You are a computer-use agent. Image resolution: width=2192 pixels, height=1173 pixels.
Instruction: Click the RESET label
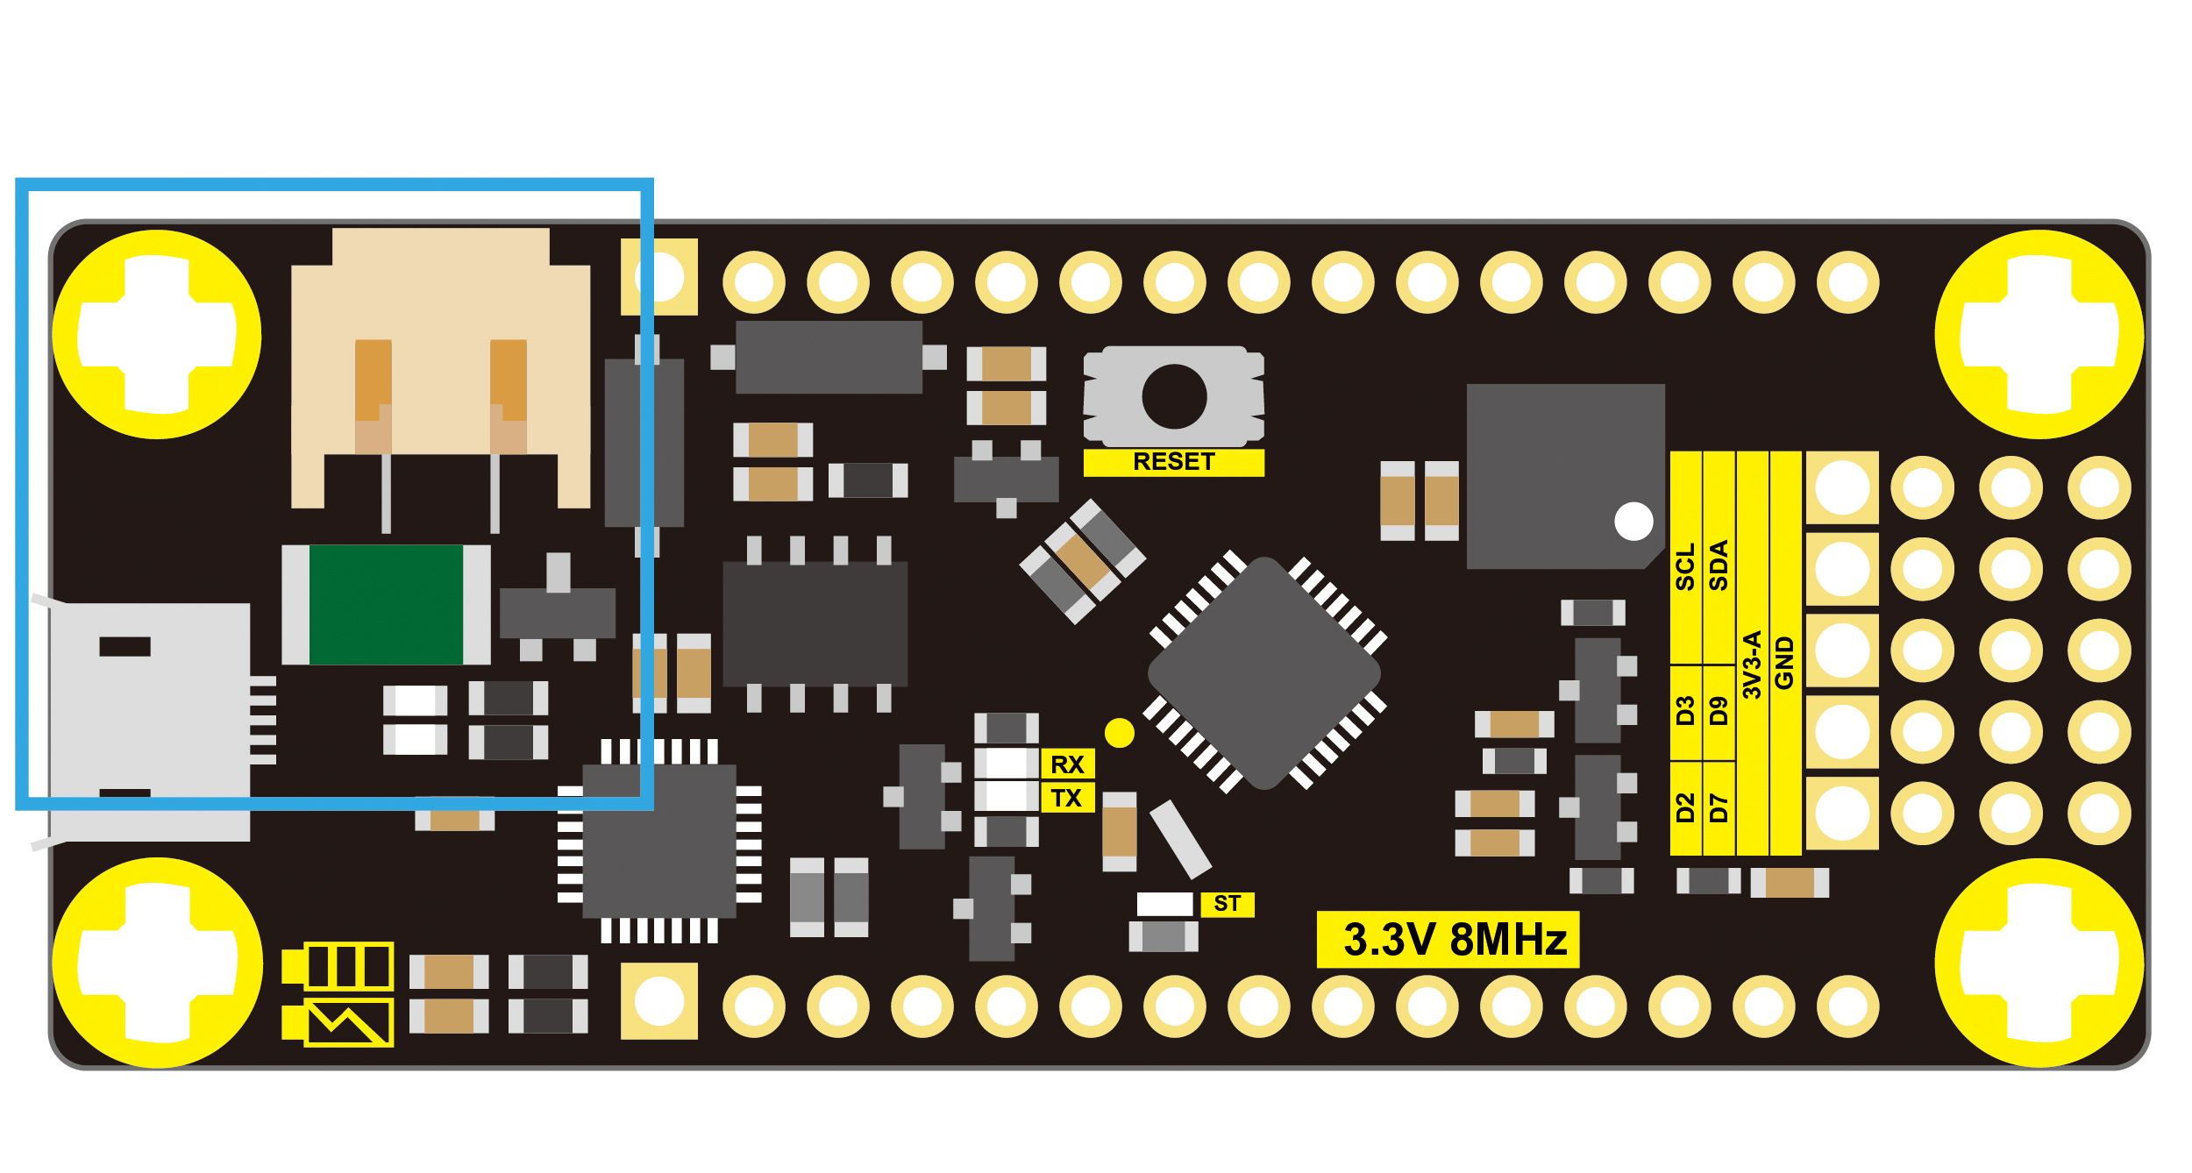[x=1173, y=462]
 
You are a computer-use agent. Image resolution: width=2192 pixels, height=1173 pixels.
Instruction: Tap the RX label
[x=1067, y=764]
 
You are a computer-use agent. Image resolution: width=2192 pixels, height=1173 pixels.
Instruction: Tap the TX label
[x=1066, y=798]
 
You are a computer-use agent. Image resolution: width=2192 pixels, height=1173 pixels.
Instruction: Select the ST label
[x=1227, y=904]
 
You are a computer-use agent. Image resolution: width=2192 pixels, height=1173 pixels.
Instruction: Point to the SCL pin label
[x=1685, y=567]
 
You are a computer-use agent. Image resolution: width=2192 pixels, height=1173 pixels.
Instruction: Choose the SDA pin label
[x=1719, y=565]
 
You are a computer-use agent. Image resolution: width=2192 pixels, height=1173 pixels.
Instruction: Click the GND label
[x=1784, y=663]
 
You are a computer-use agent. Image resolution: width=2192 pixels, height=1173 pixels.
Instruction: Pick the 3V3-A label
[x=1752, y=665]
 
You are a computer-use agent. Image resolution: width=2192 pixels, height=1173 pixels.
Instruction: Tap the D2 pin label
[x=1685, y=807]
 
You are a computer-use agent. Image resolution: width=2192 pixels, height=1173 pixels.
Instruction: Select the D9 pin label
[x=1719, y=711]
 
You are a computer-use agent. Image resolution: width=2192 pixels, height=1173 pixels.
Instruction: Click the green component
[x=386, y=605]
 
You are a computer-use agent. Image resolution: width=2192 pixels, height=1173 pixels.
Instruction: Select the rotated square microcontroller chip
[x=1264, y=673]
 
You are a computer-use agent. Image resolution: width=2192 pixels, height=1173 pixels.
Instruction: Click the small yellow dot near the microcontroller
[x=1120, y=733]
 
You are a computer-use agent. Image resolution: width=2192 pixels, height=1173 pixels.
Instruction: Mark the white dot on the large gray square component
[x=1633, y=521]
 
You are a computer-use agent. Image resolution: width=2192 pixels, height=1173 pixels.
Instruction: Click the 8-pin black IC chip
[x=815, y=624]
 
